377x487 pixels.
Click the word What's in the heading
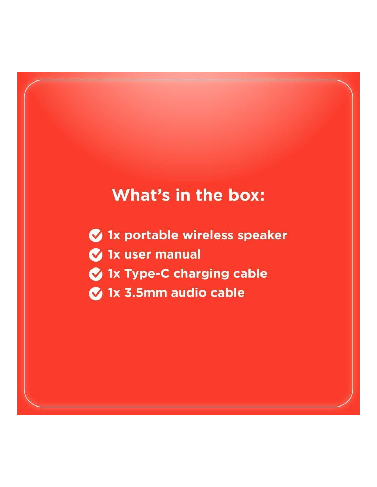click(141, 195)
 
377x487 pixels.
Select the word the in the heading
click(209, 195)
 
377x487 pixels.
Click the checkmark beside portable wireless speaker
click(96, 236)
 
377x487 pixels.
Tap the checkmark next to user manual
click(96, 255)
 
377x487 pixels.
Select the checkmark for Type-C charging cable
click(96, 274)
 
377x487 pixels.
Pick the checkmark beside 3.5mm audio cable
click(96, 294)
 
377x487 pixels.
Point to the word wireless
click(208, 235)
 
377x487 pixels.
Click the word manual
click(178, 254)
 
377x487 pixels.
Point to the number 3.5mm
click(146, 293)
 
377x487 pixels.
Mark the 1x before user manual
click(114, 255)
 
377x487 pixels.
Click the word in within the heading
click(183, 195)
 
